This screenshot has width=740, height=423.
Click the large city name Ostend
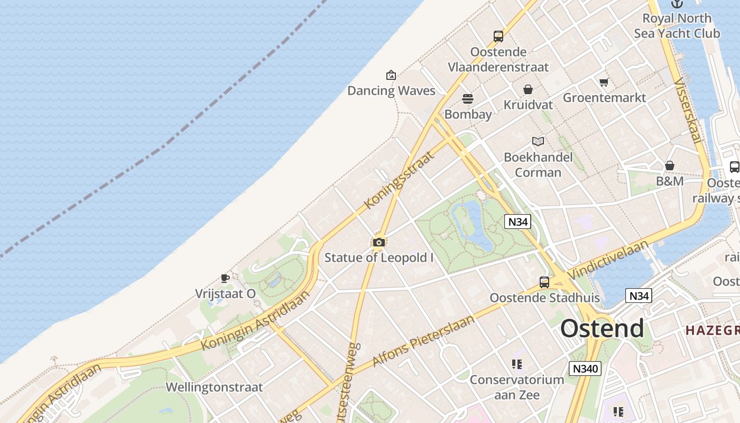[x=602, y=328]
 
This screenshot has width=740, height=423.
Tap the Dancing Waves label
[x=391, y=91]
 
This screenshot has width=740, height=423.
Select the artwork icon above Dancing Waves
[x=391, y=75]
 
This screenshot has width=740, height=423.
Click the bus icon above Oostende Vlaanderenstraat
[x=498, y=36]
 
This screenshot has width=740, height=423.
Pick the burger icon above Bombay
[x=468, y=99]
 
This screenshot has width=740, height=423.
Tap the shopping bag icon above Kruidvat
[x=528, y=89]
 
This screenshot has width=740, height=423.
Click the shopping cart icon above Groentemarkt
[x=604, y=82]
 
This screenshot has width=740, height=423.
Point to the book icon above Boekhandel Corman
[x=538, y=141]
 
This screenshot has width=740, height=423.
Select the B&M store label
[x=670, y=181]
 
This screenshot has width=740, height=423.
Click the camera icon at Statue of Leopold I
[x=378, y=242]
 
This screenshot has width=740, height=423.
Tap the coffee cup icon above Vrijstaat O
[x=225, y=278]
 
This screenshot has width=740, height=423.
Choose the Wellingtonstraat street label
[x=214, y=387]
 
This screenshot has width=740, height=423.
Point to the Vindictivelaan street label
[x=608, y=260]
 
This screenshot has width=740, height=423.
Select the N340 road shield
[x=585, y=368]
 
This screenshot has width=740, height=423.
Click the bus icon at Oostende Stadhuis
[x=544, y=282]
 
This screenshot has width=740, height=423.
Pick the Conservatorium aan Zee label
[x=517, y=387]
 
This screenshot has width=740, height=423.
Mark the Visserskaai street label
[x=688, y=111]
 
